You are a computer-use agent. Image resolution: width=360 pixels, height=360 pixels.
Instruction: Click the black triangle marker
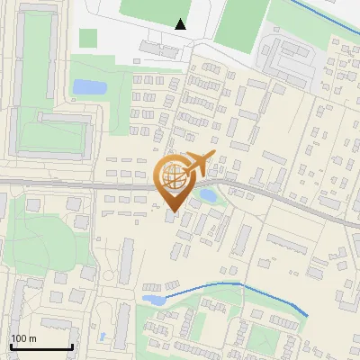[x=181, y=25]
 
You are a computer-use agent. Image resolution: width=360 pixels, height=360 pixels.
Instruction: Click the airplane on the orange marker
[x=198, y=165]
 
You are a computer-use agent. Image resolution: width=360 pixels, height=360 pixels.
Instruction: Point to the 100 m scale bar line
[x=41, y=347]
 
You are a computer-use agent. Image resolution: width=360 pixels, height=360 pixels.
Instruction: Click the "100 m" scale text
[x=23, y=339]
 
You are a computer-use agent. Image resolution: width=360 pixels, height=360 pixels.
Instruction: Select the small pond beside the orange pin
[x=206, y=194]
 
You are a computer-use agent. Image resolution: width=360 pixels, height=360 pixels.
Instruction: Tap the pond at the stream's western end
[x=152, y=298]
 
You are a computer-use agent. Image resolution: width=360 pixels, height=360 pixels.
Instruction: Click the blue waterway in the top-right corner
[x=324, y=14]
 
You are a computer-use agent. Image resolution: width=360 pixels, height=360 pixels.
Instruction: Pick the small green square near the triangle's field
[x=88, y=39]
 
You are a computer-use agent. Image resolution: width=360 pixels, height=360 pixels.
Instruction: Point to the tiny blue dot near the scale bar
[x=103, y=337]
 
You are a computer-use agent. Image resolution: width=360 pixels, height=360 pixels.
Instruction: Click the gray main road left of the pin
[x=72, y=184]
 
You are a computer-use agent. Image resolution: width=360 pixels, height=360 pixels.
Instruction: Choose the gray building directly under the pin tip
[x=172, y=217]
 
